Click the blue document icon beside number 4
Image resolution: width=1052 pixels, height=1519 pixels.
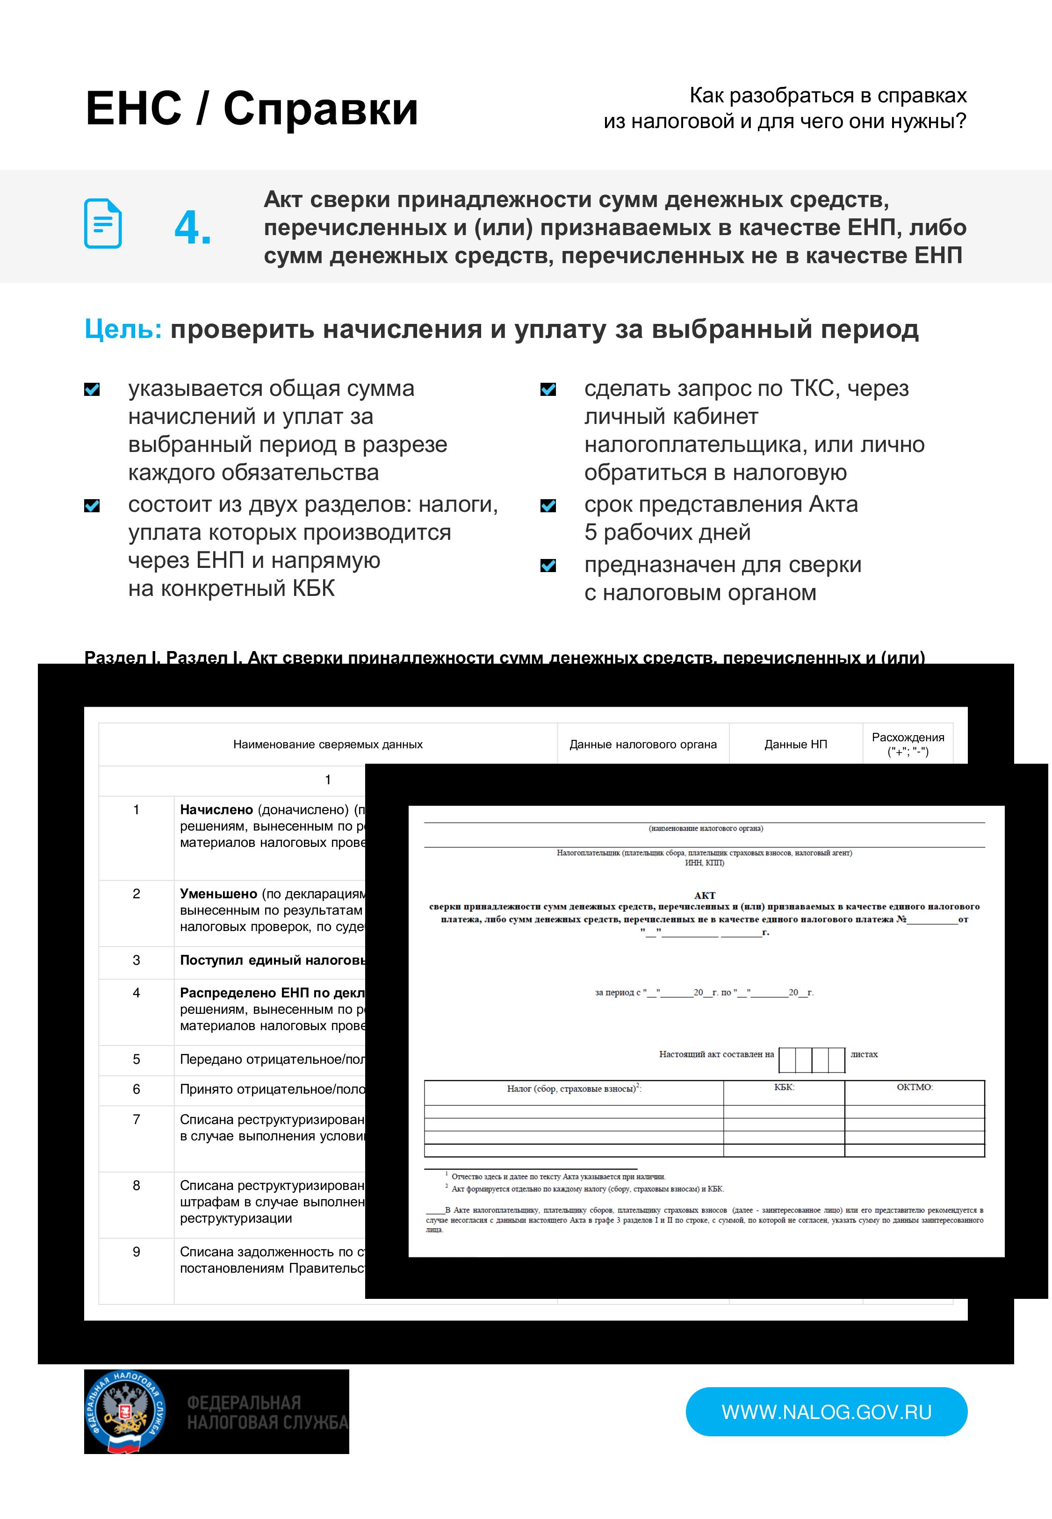[103, 224]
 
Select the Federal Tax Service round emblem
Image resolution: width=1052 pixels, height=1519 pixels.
[125, 1412]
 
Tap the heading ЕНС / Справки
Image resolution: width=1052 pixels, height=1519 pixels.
[252, 109]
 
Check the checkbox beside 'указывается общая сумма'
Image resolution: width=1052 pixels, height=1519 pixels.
[92, 389]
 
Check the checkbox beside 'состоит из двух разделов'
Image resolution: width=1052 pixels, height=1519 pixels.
[92, 505]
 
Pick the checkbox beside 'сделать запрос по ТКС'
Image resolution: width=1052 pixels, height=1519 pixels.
[548, 389]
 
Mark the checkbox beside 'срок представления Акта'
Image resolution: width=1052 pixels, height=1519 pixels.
[548, 505]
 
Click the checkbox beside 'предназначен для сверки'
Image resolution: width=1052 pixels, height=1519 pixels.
[548, 565]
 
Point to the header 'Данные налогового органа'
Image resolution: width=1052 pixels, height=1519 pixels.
[643, 745]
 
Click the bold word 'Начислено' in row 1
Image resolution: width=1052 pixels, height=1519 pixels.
[216, 810]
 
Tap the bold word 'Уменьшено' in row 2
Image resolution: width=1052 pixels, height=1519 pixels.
[218, 894]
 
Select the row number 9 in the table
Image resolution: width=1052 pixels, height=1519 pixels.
[137, 1252]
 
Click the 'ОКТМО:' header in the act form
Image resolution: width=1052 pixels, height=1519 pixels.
[914, 1087]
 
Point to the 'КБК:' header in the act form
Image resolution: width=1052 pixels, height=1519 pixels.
[784, 1087]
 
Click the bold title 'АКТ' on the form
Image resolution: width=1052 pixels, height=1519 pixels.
[704, 895]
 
